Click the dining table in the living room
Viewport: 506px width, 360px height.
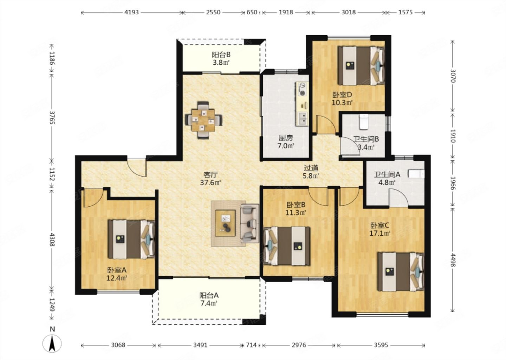(203, 121)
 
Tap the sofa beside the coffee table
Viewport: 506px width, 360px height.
(249, 224)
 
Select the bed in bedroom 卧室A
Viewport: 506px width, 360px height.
(131, 239)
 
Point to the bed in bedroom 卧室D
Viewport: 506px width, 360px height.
(361, 65)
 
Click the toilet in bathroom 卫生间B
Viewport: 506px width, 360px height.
(364, 122)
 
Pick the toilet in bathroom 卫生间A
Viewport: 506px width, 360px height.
(416, 174)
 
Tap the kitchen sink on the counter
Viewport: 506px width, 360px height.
(303, 118)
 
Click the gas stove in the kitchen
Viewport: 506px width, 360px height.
(302, 89)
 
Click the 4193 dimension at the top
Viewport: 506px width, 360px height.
(131, 12)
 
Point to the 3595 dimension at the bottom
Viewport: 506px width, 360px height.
(381, 345)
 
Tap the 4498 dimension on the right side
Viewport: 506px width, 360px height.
(453, 260)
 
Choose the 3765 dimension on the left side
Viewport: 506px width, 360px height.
(52, 117)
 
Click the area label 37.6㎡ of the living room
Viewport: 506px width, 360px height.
(210, 182)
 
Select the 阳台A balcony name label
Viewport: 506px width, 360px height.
(209, 295)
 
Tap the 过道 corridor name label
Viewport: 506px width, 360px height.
(311, 168)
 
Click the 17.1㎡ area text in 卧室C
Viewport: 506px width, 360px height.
(380, 233)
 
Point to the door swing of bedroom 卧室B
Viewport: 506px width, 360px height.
(318, 196)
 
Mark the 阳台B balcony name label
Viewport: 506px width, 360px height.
(221, 55)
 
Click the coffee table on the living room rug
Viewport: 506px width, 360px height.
(225, 223)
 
